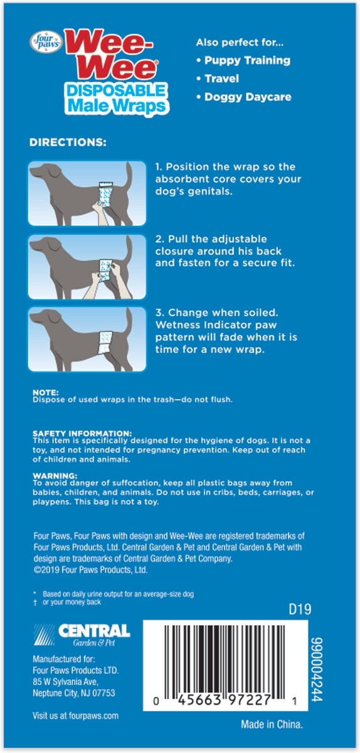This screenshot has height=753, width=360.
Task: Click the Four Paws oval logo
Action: pos(46,42)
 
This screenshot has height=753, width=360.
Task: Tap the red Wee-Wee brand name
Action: pos(111,55)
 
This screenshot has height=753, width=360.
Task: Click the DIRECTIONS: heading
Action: pos(68,142)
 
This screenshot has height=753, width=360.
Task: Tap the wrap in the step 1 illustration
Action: pos(106,195)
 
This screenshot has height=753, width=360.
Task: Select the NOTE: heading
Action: pos(45,392)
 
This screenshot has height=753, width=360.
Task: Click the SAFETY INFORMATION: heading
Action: pos(82,434)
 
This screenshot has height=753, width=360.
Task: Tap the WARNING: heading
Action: pos(55,476)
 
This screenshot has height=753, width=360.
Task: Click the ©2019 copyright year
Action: pos(46,570)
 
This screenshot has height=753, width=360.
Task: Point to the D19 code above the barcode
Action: pos(300,609)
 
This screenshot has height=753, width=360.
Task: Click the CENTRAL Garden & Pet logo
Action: pos(82,635)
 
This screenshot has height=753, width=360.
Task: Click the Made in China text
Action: pos(272,724)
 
